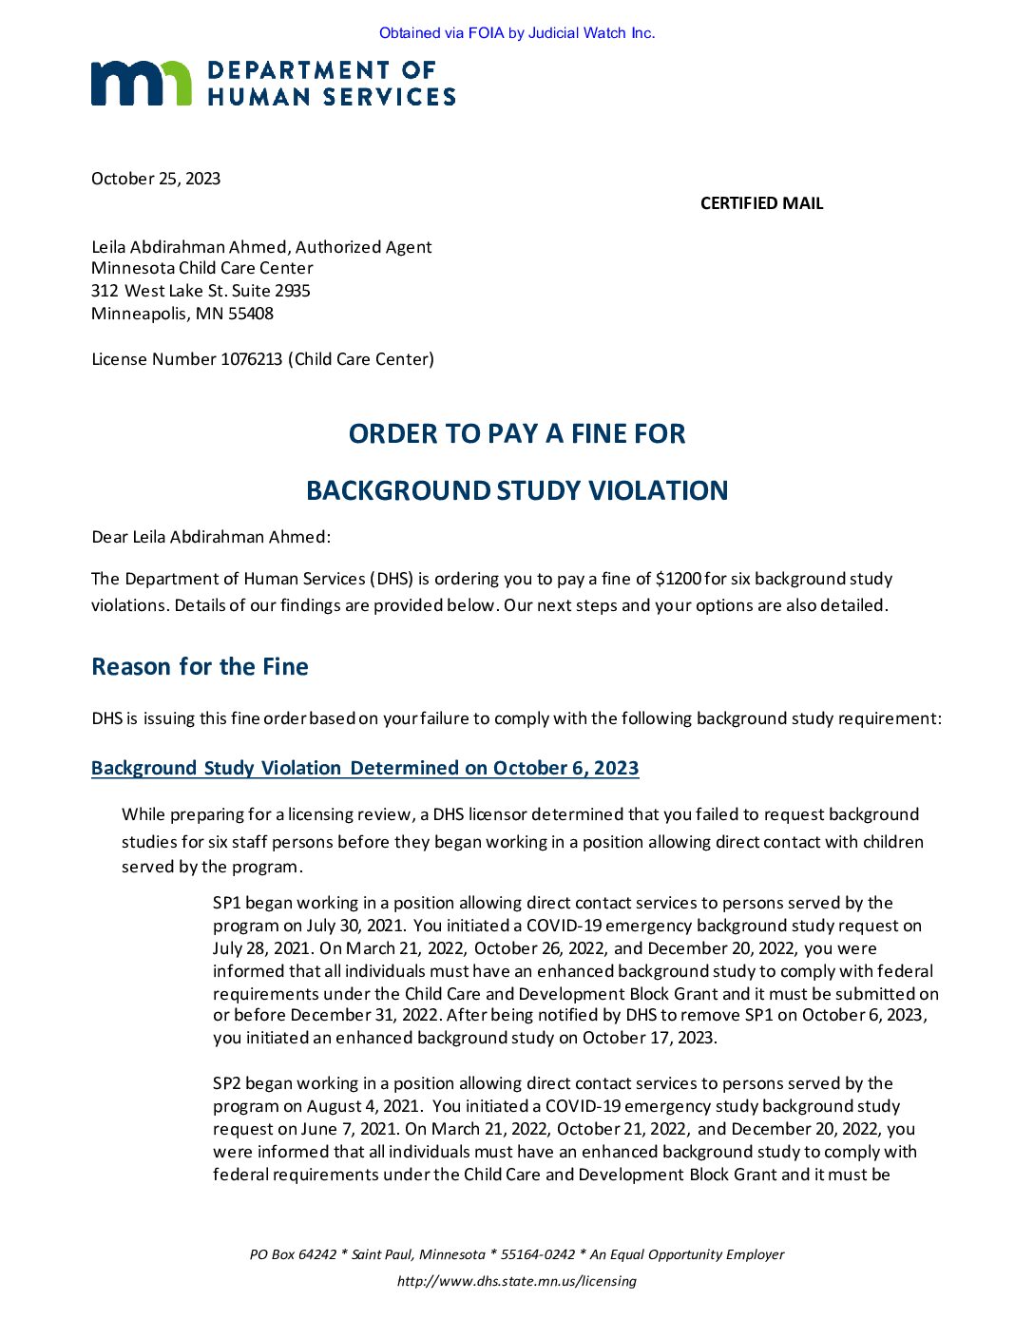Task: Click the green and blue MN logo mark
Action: tap(141, 83)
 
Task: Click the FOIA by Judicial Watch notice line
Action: tap(517, 33)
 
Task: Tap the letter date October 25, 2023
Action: tap(156, 179)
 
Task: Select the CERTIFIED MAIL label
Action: tap(761, 203)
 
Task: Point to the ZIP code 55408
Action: tap(251, 314)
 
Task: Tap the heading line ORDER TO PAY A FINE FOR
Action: tap(517, 434)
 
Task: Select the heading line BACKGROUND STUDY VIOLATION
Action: tap(517, 491)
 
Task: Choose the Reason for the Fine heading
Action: tap(200, 667)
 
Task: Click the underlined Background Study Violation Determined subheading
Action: tap(365, 768)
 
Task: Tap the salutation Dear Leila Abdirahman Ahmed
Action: tap(210, 537)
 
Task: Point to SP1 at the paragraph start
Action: tap(226, 903)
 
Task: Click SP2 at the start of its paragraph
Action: tap(226, 1083)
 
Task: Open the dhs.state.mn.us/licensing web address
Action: tap(517, 1281)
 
